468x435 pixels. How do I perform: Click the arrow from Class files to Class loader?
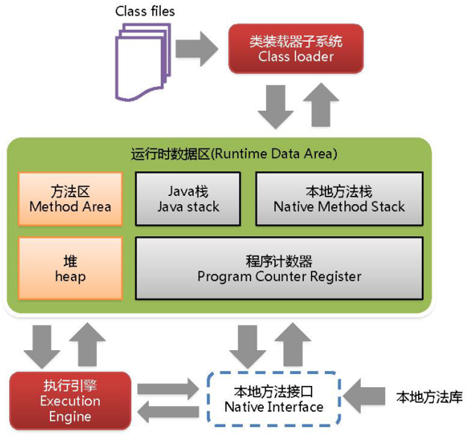[x=200, y=48]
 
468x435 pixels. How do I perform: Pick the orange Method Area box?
[x=70, y=199]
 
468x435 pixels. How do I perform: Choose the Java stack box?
[x=188, y=199]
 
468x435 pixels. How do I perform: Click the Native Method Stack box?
[x=339, y=199]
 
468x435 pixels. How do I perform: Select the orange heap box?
[x=70, y=269]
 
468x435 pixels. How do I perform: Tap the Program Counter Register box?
[x=279, y=269]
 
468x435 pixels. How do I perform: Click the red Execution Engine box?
[x=69, y=400]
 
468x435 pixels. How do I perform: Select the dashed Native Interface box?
[x=274, y=400]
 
